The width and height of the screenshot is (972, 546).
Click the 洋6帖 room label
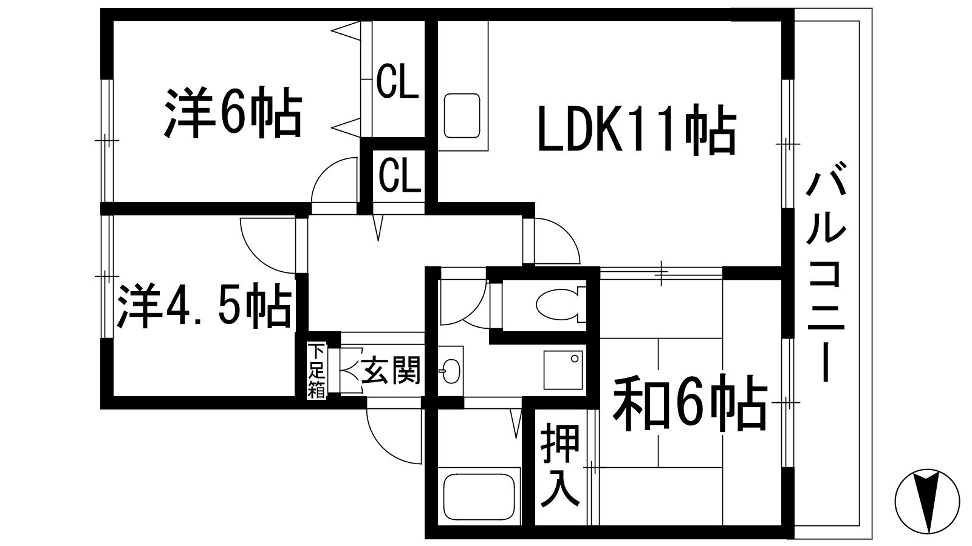233,113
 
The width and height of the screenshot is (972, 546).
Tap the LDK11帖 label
637,130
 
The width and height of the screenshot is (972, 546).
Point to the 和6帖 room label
690,402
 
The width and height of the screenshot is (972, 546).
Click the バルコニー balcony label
825,277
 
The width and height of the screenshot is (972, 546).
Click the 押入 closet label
560,465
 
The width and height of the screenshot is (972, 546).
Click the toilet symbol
558,303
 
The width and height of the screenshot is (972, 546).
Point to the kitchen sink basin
462,115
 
